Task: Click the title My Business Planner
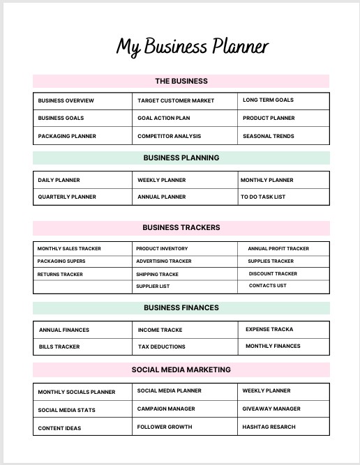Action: [192, 47]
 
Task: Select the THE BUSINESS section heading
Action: [181, 81]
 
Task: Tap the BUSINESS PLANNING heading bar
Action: [181, 158]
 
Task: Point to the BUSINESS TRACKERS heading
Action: [181, 227]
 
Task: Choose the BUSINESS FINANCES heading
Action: [181, 307]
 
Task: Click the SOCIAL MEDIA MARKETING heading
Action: [181, 369]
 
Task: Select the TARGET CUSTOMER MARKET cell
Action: [176, 100]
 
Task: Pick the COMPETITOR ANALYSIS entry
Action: [169, 136]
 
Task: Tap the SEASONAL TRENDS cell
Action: [269, 136]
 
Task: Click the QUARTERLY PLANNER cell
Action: [67, 197]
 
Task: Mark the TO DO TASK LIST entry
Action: [263, 197]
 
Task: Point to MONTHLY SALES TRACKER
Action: [69, 248]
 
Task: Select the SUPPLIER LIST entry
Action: [153, 286]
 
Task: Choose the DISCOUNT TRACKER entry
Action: [273, 273]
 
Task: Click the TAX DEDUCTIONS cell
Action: [162, 346]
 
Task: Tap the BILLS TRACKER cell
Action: [59, 346]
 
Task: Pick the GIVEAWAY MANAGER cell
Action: [271, 409]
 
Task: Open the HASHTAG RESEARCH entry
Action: [269, 427]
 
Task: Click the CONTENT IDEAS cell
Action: [59, 428]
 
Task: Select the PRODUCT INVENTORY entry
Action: [162, 248]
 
